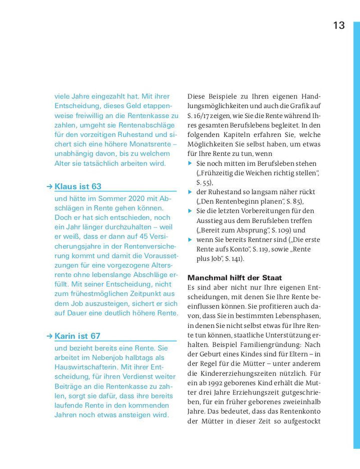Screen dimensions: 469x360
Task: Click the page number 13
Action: (339, 25)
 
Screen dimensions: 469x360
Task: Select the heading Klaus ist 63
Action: (78, 186)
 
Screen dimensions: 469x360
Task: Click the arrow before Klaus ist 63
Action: (49, 186)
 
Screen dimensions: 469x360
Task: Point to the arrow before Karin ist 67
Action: (49, 336)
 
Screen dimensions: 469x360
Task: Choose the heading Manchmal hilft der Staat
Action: (234, 277)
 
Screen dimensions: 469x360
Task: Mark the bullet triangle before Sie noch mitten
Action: (190, 163)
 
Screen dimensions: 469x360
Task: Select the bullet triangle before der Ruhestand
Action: (190, 192)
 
